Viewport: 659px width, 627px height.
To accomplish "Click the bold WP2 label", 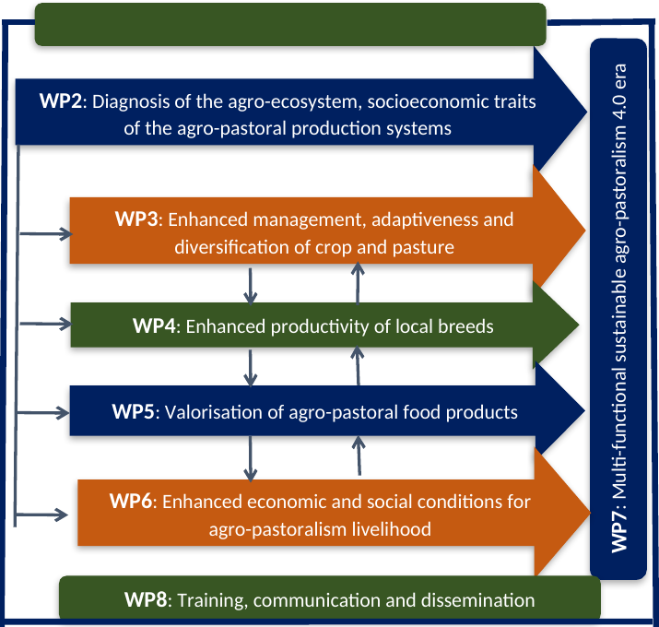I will tap(61, 101).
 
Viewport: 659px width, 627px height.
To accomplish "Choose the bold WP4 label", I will tap(157, 326).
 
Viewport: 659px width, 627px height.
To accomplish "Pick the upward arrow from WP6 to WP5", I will tap(358, 456).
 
